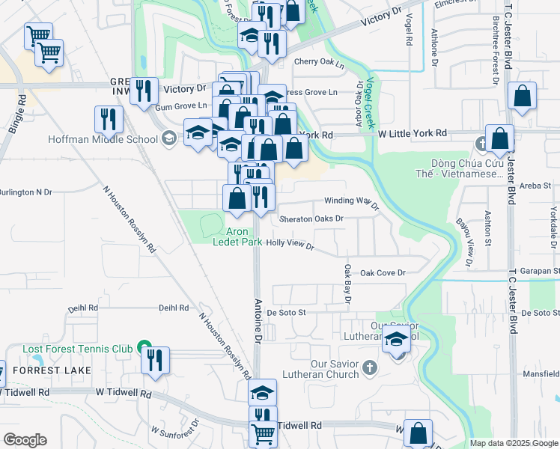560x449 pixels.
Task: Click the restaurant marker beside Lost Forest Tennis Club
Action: (x=155, y=359)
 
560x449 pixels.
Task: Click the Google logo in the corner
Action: (x=25, y=440)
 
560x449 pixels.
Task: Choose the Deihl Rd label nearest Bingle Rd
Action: (x=83, y=308)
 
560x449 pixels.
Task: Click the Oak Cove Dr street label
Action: (x=382, y=273)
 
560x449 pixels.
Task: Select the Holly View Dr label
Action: (x=290, y=244)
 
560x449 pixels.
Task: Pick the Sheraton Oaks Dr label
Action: (x=311, y=219)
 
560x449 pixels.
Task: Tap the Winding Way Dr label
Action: (x=347, y=201)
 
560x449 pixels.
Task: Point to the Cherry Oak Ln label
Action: (x=319, y=65)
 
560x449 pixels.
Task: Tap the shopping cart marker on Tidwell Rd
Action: (x=263, y=433)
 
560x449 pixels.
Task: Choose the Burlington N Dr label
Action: (x=26, y=192)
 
